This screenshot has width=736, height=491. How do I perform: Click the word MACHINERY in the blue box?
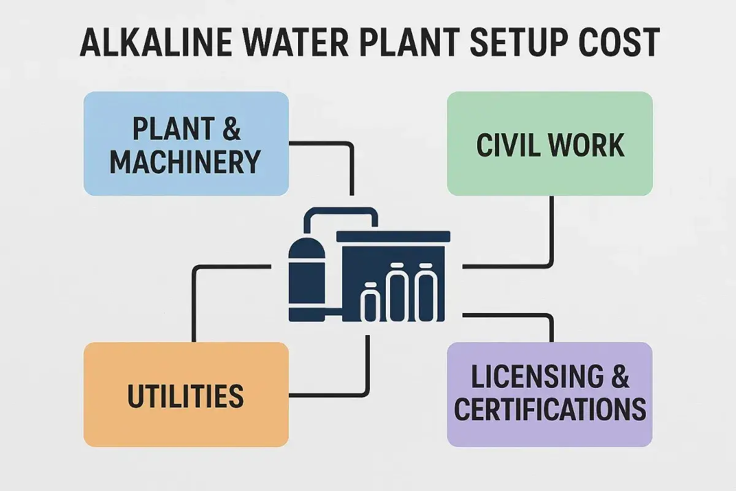(x=185, y=161)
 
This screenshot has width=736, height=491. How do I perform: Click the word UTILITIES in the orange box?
(x=185, y=396)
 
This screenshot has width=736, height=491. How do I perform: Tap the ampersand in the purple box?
(x=619, y=376)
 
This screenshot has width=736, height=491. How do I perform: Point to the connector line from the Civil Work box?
(x=552, y=239)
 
